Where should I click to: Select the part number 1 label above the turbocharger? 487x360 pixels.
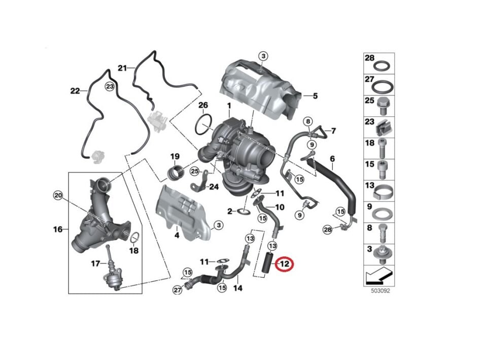(x=229, y=106)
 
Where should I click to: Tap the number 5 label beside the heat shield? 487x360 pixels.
(x=315, y=95)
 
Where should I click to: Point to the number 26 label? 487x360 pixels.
(x=203, y=106)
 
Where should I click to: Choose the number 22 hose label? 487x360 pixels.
(x=75, y=91)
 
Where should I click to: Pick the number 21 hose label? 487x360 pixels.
(x=122, y=67)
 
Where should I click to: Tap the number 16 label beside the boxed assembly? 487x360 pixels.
(x=57, y=230)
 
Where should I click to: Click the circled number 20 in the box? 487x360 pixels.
(x=58, y=195)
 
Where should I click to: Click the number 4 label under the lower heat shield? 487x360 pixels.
(x=177, y=236)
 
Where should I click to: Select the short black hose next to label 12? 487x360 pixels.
(x=268, y=263)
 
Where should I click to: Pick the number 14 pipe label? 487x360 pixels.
(x=237, y=288)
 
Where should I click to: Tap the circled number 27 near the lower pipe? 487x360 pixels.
(x=177, y=290)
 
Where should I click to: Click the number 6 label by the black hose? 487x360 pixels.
(x=333, y=159)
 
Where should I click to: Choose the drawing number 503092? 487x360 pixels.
(x=379, y=291)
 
